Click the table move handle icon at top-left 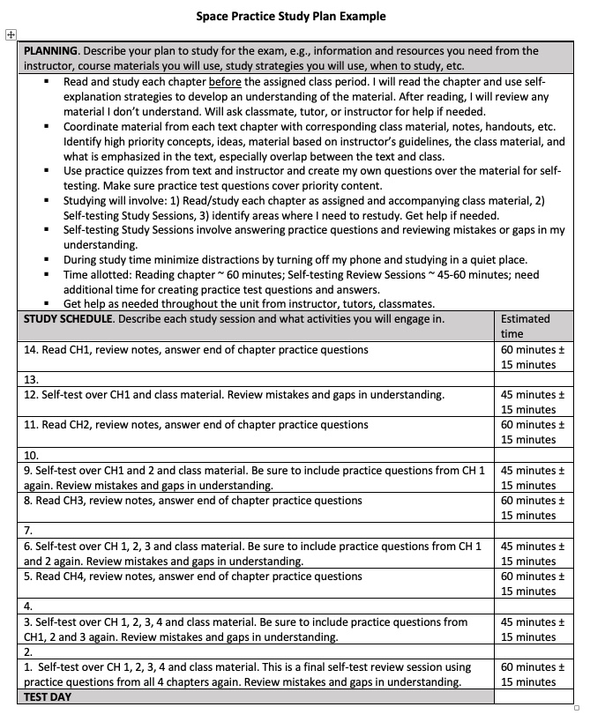[11, 34]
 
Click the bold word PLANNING [51, 51]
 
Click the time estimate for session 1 [528, 674]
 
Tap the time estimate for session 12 [528, 402]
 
